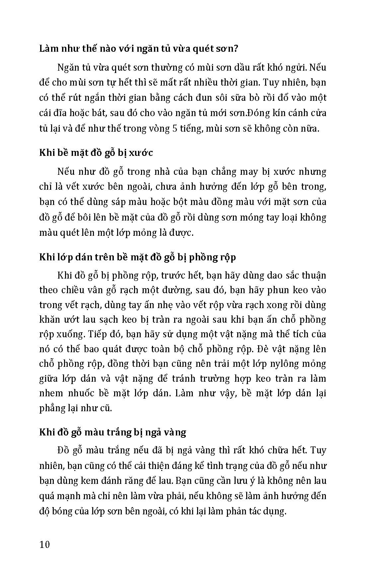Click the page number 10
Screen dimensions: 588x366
tap(44, 545)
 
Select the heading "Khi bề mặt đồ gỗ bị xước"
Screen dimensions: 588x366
tap(96, 153)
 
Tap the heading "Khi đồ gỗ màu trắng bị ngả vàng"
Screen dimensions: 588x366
tap(112, 432)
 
